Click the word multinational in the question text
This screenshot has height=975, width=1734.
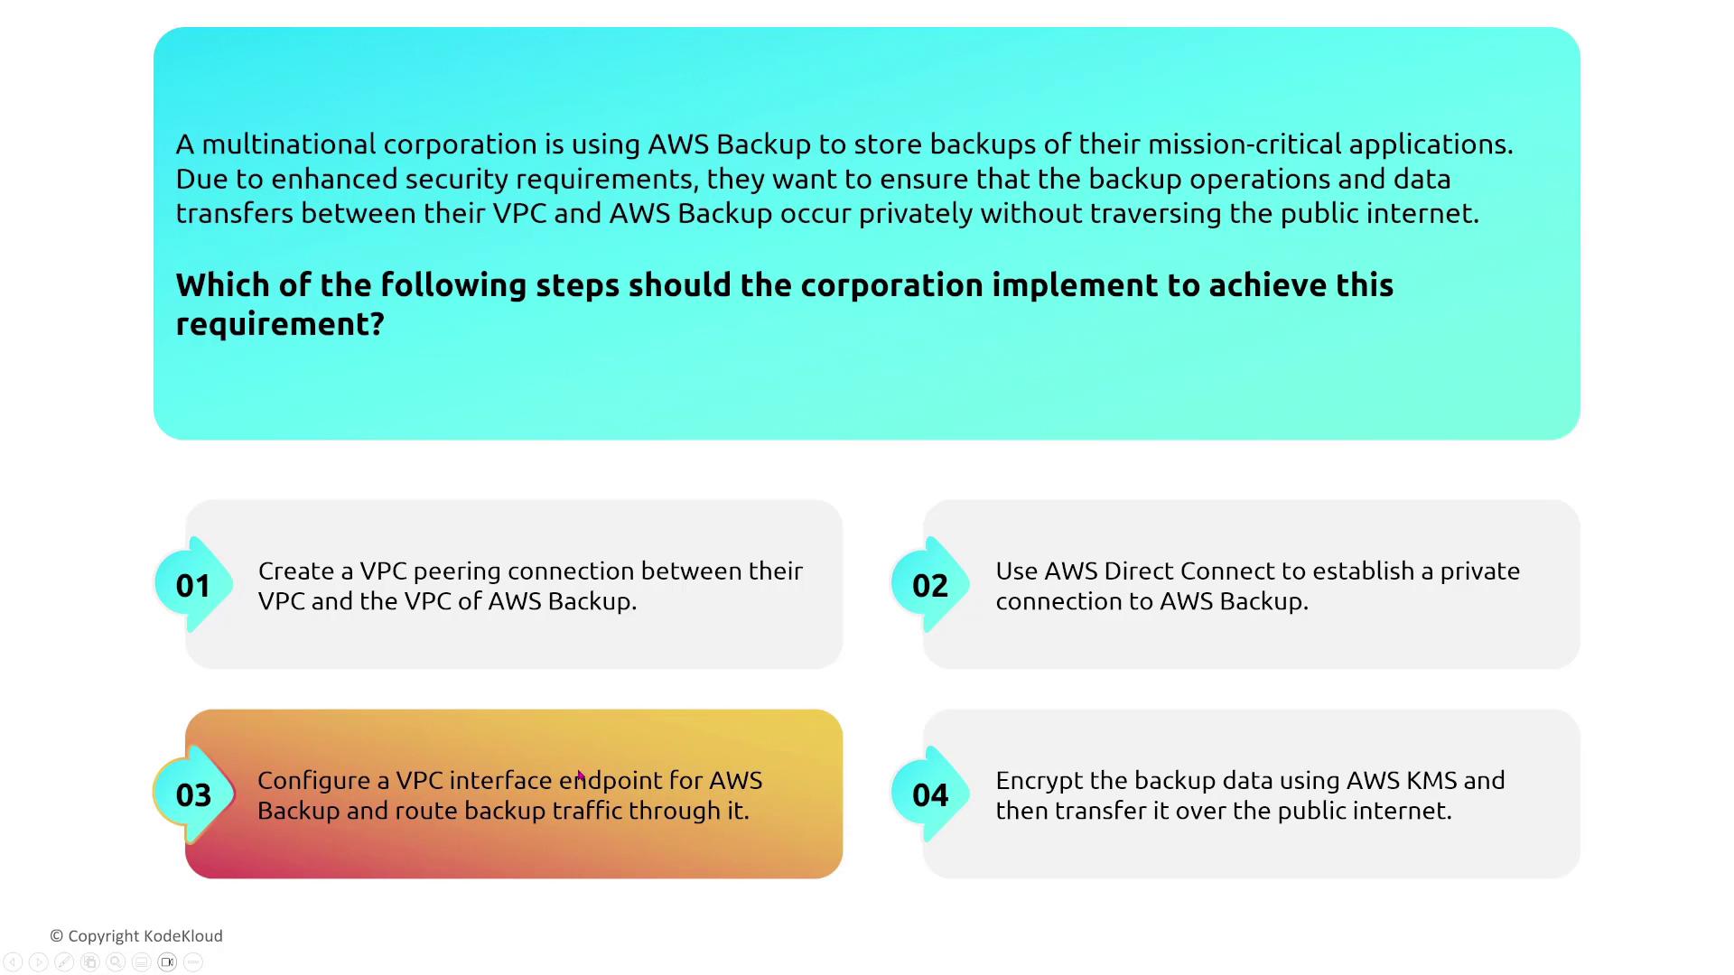click(289, 144)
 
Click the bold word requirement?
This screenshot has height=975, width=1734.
click(280, 325)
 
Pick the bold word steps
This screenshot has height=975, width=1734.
click(578, 286)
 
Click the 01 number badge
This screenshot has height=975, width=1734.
click(193, 585)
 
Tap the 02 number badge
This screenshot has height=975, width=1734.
click(930, 585)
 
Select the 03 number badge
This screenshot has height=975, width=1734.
click(193, 794)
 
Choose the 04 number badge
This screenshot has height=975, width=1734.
click(930, 794)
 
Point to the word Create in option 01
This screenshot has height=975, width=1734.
click(295, 571)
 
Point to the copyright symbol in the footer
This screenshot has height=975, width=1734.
click(56, 936)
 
